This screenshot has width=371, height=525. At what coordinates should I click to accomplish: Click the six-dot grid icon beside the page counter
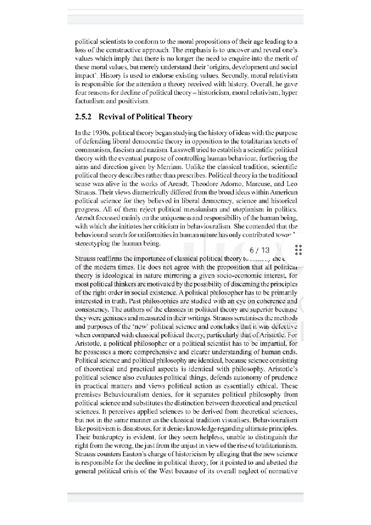[298, 250]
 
